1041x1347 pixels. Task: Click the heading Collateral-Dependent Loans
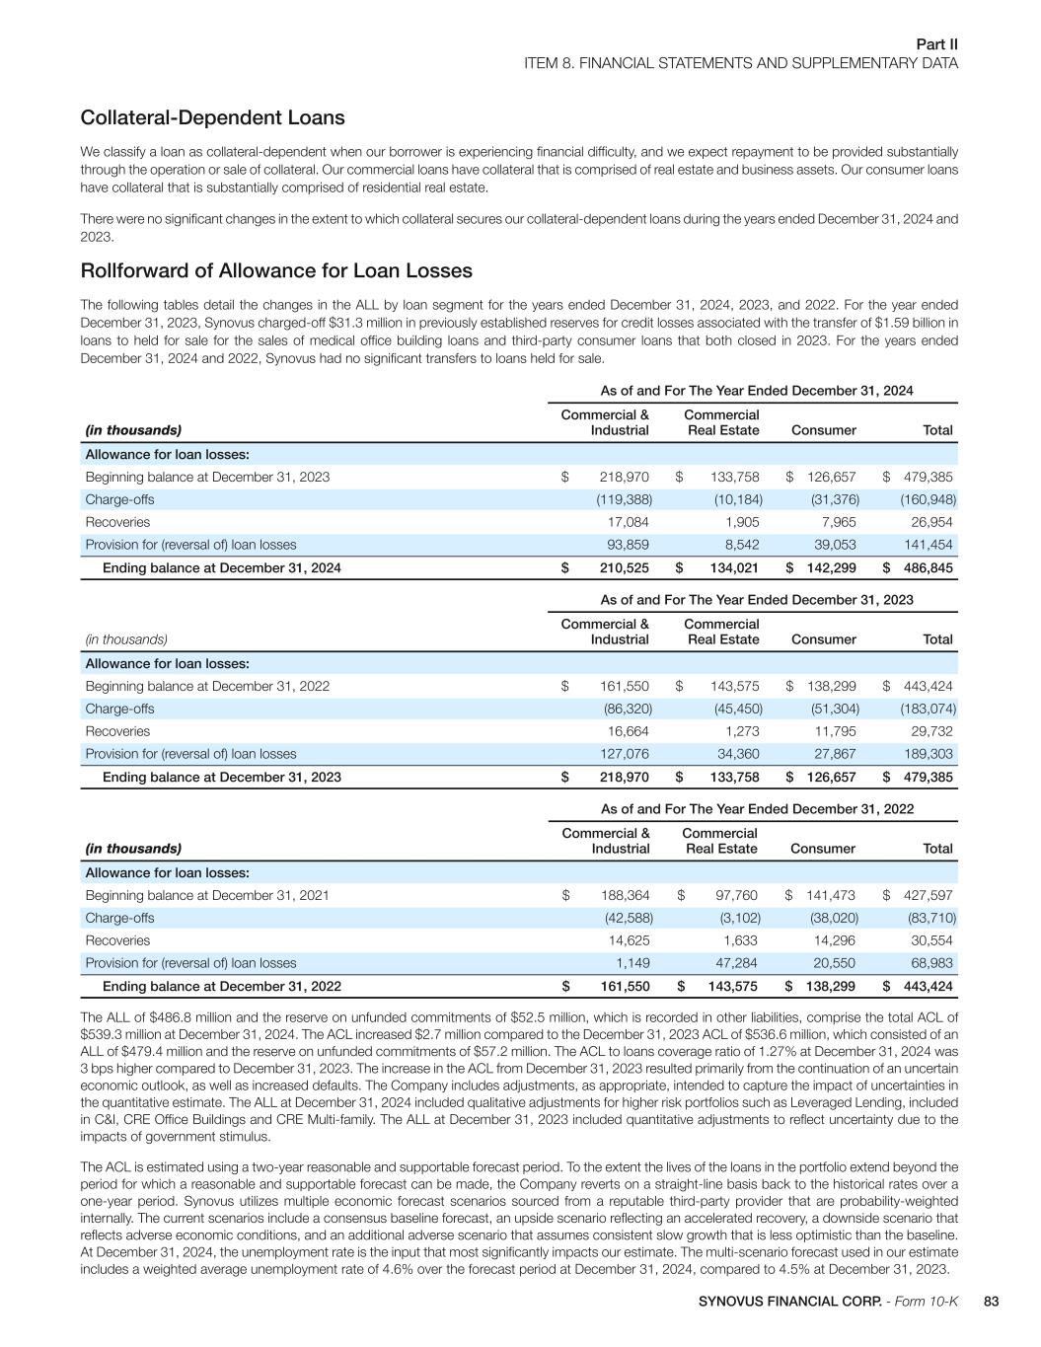point(212,118)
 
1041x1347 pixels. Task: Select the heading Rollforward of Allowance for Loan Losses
point(276,271)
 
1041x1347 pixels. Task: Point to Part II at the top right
point(936,44)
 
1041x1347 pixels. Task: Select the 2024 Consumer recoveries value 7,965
point(837,522)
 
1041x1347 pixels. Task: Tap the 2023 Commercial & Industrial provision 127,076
point(625,754)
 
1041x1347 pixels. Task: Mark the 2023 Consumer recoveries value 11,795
point(833,731)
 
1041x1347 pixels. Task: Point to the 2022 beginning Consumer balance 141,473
point(831,895)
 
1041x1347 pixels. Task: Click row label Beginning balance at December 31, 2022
point(207,686)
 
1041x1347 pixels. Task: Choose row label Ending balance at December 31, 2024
point(222,568)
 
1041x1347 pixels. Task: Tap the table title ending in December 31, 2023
point(757,600)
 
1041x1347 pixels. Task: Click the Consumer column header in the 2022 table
point(823,849)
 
